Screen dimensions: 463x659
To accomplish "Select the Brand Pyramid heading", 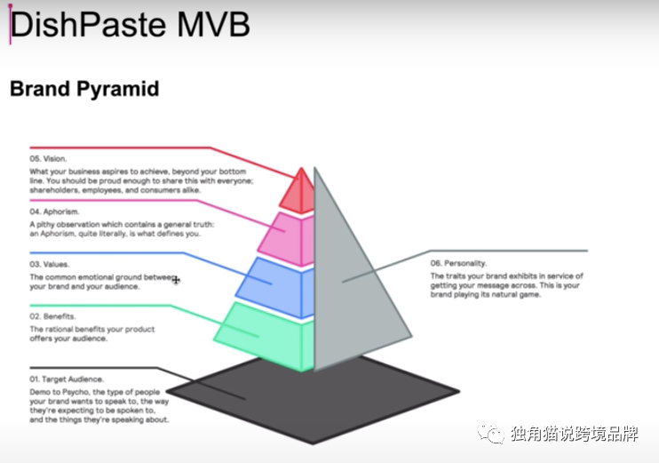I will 83,89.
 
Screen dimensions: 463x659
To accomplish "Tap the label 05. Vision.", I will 49,159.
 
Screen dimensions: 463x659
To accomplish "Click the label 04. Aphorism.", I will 55,212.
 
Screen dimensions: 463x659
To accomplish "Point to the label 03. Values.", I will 50,264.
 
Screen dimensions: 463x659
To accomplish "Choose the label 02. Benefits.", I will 52,316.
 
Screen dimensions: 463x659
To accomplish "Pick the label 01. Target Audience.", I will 67,379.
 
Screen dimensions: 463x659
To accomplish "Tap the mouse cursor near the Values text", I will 176,280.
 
